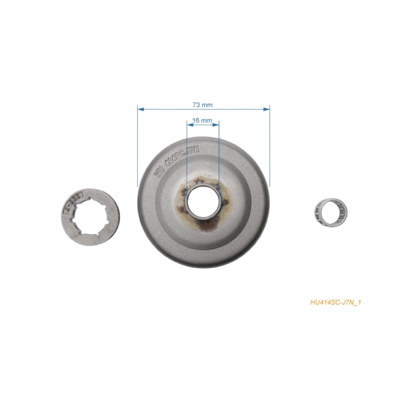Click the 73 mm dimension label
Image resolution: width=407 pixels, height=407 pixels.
203,105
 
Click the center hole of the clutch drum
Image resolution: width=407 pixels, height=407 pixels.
203,201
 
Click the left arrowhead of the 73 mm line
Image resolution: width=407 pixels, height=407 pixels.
140,108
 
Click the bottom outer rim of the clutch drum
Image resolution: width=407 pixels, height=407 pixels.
203,263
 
